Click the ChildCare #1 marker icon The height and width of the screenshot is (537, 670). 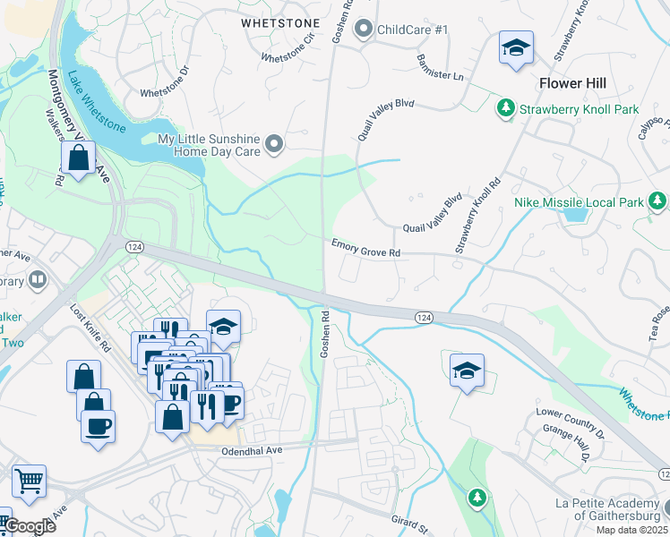click(x=364, y=30)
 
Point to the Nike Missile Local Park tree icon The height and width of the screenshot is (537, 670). click(x=657, y=201)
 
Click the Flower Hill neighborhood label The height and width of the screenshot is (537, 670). click(x=572, y=83)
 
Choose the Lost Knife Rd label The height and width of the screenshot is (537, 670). click(x=90, y=327)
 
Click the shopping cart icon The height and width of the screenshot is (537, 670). click(x=29, y=481)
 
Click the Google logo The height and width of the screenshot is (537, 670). click(x=29, y=526)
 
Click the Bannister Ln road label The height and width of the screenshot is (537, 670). click(x=440, y=69)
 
